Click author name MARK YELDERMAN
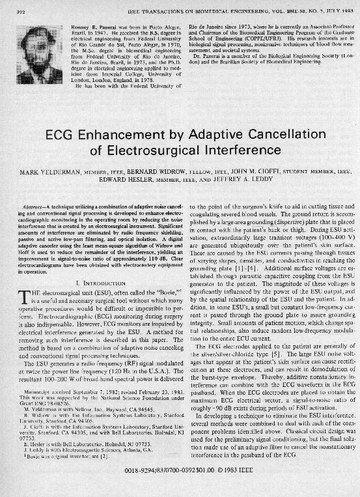point(46,173)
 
